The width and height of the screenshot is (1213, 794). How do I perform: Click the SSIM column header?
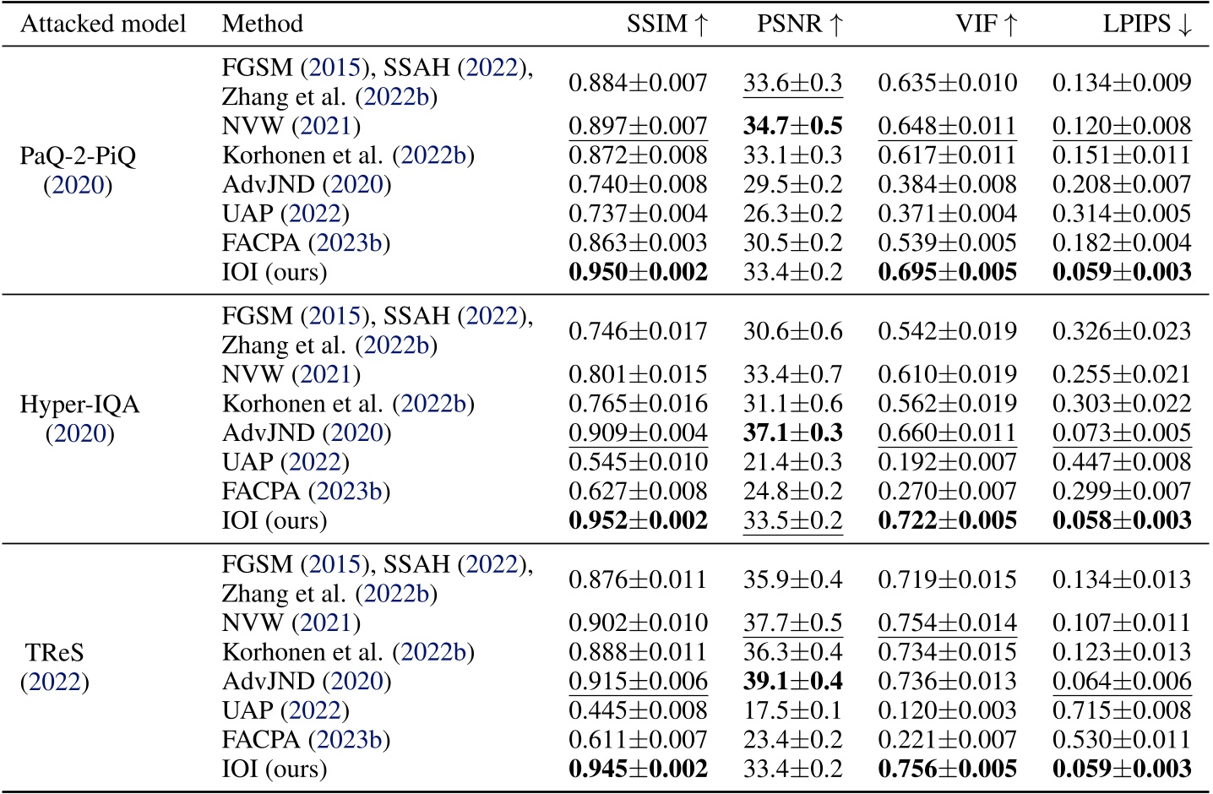[x=666, y=24]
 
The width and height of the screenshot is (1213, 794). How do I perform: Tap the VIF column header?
[x=986, y=24]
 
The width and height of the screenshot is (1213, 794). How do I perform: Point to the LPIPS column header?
[x=1147, y=24]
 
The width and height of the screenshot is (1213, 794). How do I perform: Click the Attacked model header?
[x=103, y=24]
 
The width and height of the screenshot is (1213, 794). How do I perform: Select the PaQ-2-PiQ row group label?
[x=78, y=171]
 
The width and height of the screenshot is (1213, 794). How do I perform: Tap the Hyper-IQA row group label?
[x=79, y=419]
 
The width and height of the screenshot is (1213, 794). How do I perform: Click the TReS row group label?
[x=55, y=667]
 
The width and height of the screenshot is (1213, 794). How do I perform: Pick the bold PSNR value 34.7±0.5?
[x=792, y=126]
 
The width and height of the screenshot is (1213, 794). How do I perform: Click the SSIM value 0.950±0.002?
[x=638, y=272]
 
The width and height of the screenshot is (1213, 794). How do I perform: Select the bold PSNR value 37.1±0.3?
[x=792, y=432]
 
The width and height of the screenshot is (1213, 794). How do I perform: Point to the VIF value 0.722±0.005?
[x=947, y=520]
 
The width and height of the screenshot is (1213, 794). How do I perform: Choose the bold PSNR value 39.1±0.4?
[x=792, y=681]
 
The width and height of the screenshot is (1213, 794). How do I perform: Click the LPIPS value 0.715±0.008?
[x=1122, y=710]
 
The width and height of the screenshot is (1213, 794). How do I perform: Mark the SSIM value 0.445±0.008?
[x=638, y=710]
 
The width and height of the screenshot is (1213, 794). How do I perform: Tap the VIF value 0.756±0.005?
[x=947, y=769]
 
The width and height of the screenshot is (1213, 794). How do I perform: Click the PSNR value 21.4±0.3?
[x=792, y=462]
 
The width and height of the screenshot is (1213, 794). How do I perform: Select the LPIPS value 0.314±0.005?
[x=1122, y=214]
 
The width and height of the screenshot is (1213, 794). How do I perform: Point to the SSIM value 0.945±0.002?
[x=638, y=769]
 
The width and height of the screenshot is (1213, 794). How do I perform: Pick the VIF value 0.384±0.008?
[x=947, y=184]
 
